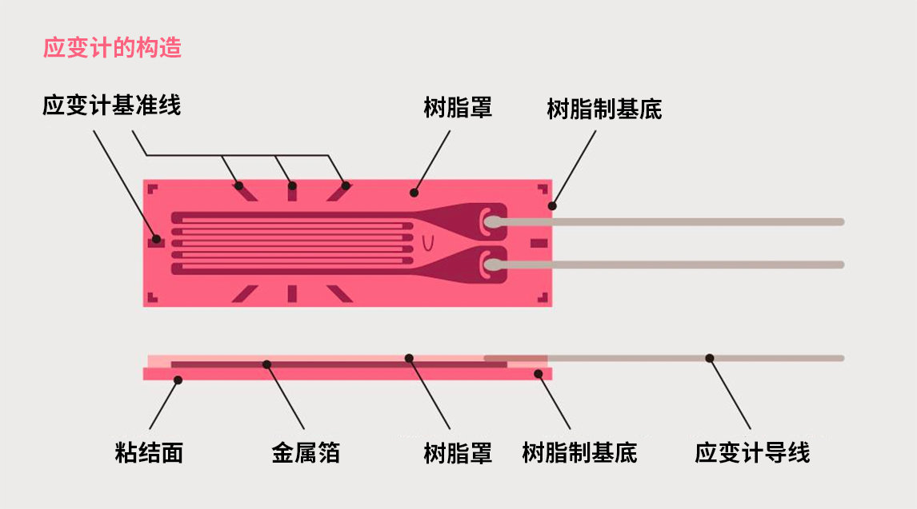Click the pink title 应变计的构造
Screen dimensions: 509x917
tap(112, 48)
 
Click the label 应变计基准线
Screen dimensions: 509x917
tap(112, 105)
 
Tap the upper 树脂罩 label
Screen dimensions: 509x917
tap(458, 107)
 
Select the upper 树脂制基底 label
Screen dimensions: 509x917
tap(604, 109)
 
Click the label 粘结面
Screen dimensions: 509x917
tap(150, 453)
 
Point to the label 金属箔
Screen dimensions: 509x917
tap(306, 453)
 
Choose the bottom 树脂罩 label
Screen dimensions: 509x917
tap(458, 453)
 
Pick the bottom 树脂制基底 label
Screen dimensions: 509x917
tap(579, 453)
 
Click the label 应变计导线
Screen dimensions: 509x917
tap(752, 453)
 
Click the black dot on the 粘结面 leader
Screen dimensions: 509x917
tap(178, 380)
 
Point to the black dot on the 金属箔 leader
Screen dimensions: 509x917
tap(266, 364)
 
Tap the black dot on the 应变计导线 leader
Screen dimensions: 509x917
tap(709, 358)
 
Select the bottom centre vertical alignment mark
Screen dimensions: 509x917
tap(292, 293)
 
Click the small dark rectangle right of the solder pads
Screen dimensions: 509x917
tap(539, 243)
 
